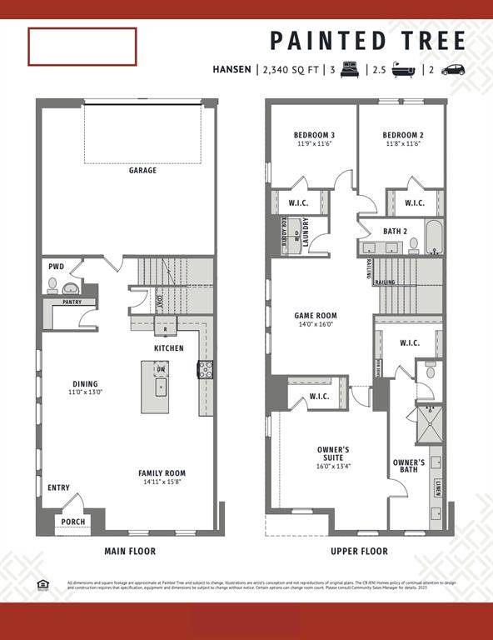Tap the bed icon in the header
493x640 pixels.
[348, 70]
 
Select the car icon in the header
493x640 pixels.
[453, 70]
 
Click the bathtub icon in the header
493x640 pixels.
[406, 70]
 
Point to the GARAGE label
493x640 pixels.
[143, 171]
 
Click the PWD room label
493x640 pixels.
[56, 267]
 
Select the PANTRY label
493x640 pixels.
[72, 302]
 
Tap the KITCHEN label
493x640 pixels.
[168, 347]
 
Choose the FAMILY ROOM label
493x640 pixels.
[162, 473]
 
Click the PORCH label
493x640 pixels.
[73, 522]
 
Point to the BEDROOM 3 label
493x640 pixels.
[314, 135]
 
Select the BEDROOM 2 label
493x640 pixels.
[403, 135]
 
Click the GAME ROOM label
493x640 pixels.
[316, 316]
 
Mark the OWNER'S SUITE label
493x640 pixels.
[333, 455]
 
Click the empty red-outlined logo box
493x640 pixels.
[82, 47]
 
